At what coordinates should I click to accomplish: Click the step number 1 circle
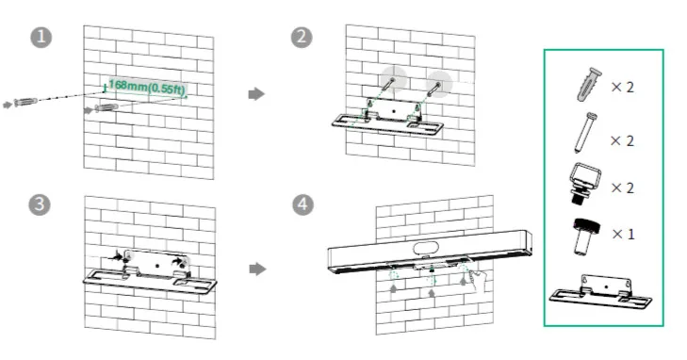click(41, 38)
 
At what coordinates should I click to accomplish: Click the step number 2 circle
click(302, 38)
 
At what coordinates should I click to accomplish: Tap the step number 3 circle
click(40, 205)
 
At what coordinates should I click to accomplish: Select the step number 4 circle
click(303, 205)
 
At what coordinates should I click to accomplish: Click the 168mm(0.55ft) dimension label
click(147, 87)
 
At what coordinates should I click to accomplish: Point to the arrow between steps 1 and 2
click(256, 93)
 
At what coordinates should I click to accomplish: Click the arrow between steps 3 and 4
click(257, 269)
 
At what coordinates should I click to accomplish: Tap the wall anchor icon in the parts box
click(589, 85)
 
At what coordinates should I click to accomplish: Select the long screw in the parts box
click(585, 132)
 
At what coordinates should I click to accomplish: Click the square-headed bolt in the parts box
click(584, 183)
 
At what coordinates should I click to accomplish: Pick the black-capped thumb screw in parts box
click(586, 236)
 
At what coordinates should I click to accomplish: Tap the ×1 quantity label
click(623, 235)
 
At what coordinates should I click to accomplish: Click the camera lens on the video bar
click(426, 248)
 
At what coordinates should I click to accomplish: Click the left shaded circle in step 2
click(394, 80)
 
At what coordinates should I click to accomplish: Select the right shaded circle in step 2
click(439, 84)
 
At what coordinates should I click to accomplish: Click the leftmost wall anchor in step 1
click(25, 102)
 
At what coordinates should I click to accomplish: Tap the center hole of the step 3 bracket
click(157, 266)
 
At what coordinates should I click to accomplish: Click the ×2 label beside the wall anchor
click(623, 87)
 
